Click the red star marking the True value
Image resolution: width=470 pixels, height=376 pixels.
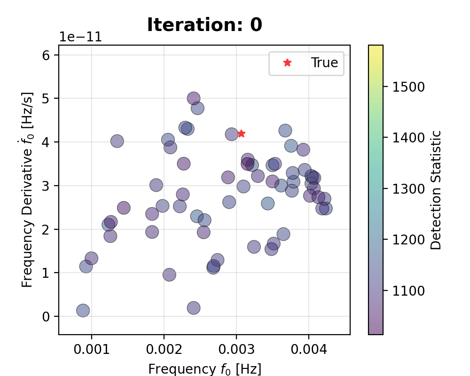click(241, 134)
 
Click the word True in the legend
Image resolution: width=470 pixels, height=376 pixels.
click(324, 63)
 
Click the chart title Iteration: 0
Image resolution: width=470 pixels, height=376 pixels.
click(204, 25)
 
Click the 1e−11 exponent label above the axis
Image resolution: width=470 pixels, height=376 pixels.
click(80, 38)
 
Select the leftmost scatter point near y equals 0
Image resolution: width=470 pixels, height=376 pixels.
click(83, 310)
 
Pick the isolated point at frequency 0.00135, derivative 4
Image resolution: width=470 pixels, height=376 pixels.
click(117, 141)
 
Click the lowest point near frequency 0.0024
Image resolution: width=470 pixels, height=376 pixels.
click(193, 308)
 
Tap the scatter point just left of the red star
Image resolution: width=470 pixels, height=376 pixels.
click(232, 134)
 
